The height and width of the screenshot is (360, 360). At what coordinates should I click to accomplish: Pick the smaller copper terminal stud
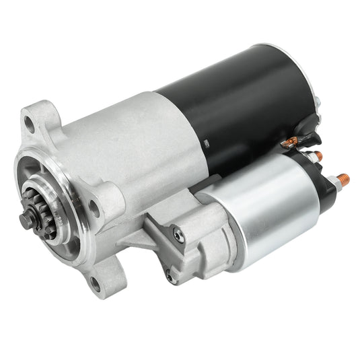tap(318, 155)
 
